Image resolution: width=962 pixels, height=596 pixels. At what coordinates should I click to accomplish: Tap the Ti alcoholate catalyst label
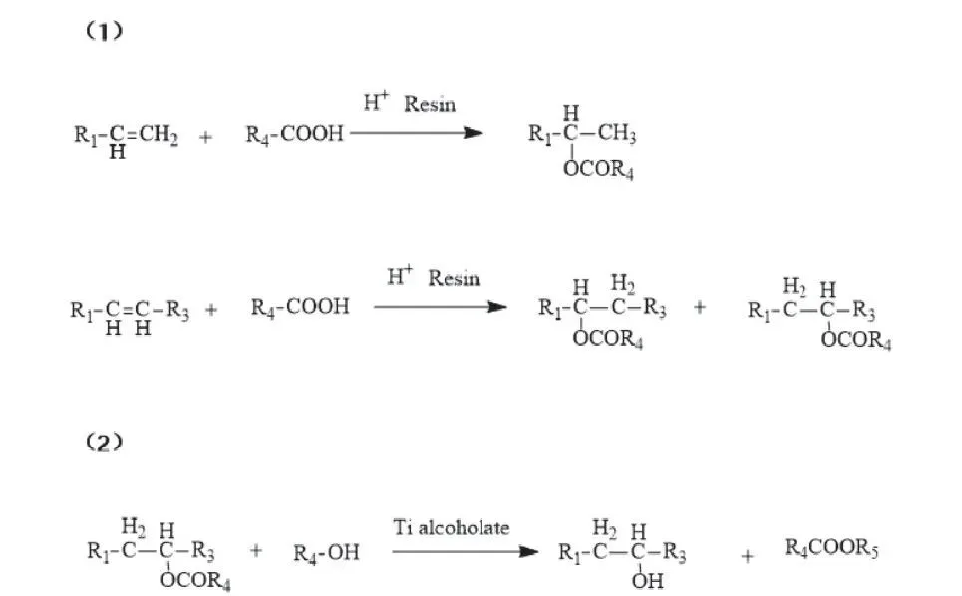[x=452, y=527]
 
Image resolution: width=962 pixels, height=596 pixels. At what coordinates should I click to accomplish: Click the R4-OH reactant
[x=327, y=552]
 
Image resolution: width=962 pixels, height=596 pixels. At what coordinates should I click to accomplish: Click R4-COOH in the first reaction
[x=294, y=135]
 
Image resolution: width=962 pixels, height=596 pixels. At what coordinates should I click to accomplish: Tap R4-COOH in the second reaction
[x=300, y=307]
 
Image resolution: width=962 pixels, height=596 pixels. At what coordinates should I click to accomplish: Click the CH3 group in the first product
[x=616, y=135]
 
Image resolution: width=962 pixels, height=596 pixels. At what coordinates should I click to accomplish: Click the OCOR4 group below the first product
[x=598, y=172]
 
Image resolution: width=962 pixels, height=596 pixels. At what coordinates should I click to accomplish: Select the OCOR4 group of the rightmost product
[x=856, y=343]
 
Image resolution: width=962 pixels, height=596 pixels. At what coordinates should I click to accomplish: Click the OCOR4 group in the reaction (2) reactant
[x=195, y=583]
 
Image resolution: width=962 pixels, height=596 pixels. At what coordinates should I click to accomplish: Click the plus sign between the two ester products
[x=699, y=307]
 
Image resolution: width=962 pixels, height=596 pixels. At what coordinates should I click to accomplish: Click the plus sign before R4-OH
[x=257, y=551]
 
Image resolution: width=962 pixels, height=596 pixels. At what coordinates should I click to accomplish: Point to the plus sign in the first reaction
[x=206, y=137]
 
